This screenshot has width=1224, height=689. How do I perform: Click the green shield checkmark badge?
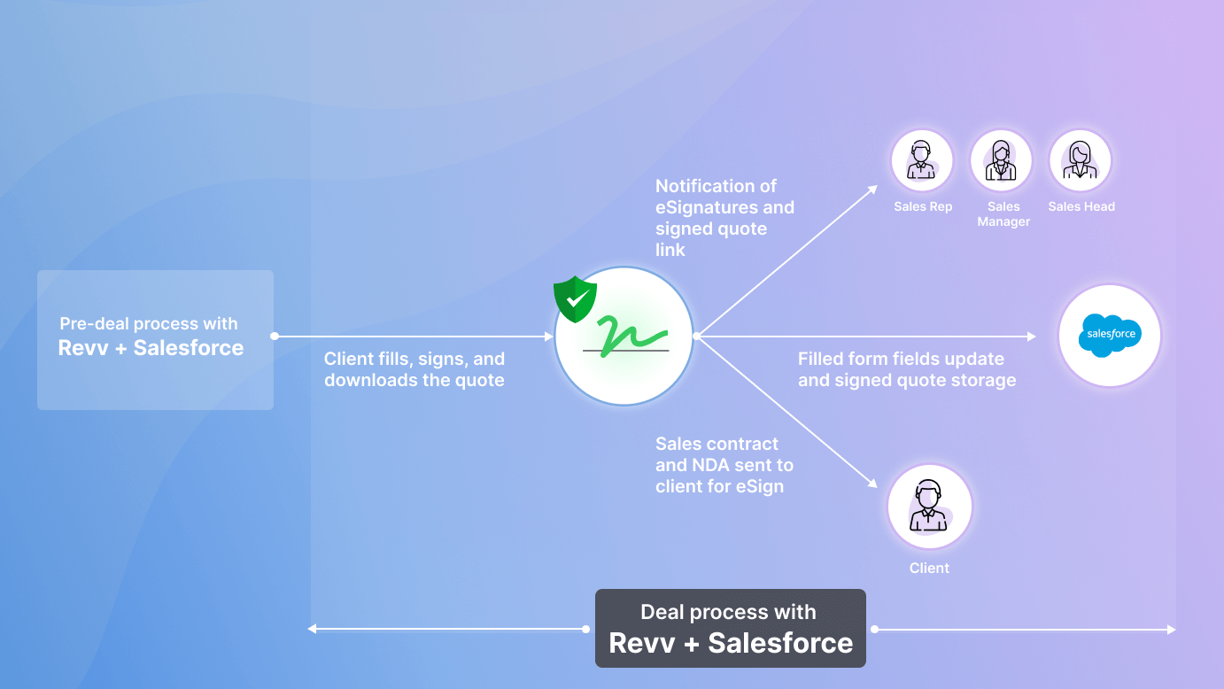575,299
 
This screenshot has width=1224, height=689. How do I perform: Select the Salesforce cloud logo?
1109,336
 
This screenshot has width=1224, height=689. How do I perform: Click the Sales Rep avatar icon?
922,161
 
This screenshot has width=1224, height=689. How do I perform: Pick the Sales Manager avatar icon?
1002,161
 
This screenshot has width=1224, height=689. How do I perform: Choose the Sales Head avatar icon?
1081,161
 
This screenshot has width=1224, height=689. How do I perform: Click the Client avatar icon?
929,507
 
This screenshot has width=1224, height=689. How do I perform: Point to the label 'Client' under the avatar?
929,569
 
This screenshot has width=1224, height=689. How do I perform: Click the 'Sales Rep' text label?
923,207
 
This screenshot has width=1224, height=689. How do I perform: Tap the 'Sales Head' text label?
1081,207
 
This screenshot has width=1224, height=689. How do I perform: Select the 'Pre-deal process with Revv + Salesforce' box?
155,339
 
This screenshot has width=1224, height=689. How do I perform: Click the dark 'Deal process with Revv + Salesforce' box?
730,628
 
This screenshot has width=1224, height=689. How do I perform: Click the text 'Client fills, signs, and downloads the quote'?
414,369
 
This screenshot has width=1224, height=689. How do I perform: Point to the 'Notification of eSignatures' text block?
724,218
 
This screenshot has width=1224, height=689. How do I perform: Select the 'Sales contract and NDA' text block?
724,465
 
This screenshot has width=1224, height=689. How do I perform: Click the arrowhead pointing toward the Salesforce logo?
1031,337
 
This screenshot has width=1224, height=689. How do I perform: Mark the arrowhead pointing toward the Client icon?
872,484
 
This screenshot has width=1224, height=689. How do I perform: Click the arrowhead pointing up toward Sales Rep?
872,189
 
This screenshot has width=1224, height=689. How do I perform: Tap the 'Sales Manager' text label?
1003,214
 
